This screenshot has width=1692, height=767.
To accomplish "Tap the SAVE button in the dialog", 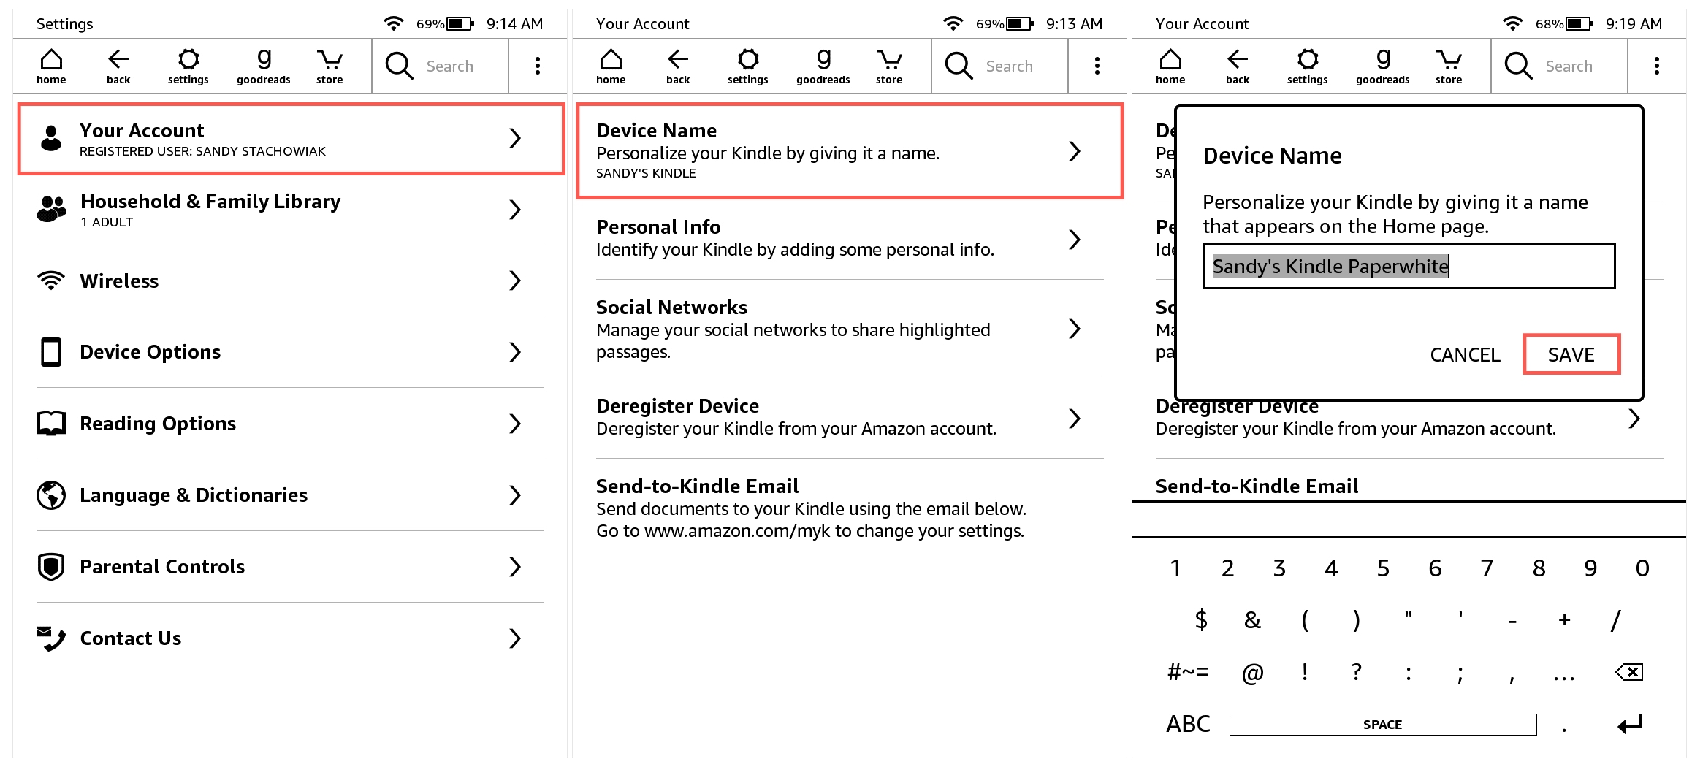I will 1571,354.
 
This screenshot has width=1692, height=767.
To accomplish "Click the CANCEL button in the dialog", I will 1464,354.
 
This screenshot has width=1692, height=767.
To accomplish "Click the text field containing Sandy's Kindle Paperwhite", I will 1408,267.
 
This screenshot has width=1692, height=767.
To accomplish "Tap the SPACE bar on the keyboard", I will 1382,725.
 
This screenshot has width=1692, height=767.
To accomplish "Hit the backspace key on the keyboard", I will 1629,672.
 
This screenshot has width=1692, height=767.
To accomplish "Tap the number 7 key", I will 1487,568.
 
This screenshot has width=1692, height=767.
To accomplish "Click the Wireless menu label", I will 119,281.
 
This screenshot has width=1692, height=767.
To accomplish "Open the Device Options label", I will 150,352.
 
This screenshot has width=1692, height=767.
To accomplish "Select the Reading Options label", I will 158,424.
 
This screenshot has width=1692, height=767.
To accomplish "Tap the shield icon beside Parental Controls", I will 51,567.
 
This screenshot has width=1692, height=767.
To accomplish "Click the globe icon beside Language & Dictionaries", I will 51,495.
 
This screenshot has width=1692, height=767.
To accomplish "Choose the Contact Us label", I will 131,638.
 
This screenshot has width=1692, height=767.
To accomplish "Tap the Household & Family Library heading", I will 210,202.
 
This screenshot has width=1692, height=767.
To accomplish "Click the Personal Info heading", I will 658,227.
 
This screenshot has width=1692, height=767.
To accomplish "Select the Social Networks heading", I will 671,308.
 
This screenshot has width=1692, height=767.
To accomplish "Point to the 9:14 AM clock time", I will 514,24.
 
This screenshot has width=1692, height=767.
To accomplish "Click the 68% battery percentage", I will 1548,24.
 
